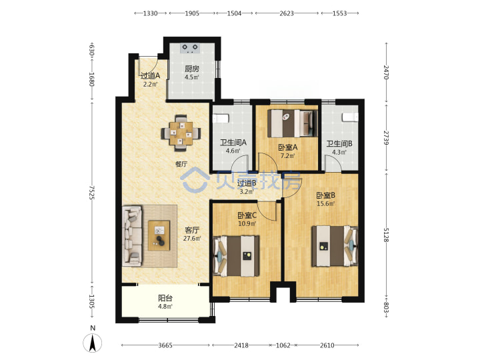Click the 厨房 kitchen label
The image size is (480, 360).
point(191,69)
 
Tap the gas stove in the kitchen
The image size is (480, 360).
point(190,48)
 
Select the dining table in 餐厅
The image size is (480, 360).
point(181,133)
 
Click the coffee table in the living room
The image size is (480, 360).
point(159,235)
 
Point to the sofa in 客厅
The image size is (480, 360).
point(133,235)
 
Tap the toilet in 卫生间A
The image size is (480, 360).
point(221,118)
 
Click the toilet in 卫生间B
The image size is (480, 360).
point(350,117)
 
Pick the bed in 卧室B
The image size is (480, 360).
point(335,246)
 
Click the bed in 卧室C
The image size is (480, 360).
point(236,256)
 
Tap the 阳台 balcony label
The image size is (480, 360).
point(165,298)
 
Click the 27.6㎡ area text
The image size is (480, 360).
point(192,238)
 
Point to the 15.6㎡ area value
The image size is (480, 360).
point(325,203)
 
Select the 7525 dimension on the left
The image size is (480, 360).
point(91,192)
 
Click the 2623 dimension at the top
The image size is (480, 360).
point(287,13)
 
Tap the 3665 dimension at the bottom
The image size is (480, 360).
point(165,345)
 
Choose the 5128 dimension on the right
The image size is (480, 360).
point(386,235)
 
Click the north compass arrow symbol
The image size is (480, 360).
point(93,343)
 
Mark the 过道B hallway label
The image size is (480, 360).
point(247,183)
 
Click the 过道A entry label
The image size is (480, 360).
point(150,75)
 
